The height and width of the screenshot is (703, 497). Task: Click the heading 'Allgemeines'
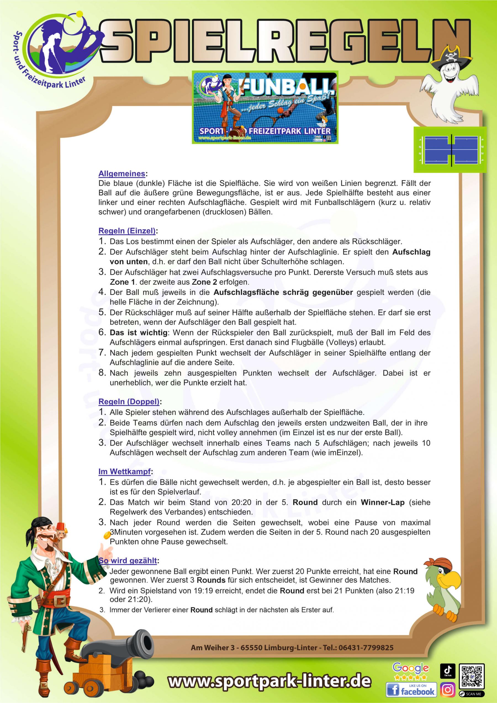click(121, 174)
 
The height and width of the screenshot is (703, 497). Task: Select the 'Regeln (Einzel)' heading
click(127, 231)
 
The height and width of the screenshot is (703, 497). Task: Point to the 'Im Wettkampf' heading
click(124, 472)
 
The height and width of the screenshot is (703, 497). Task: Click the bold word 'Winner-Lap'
click(382, 503)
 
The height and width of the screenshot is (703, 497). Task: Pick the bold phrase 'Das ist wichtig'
click(139, 332)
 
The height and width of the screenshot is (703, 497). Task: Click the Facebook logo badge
click(411, 689)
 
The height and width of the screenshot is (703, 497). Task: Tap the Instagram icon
click(448, 689)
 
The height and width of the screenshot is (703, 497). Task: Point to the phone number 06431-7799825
click(366, 647)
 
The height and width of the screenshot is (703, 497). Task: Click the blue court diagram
click(450, 150)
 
